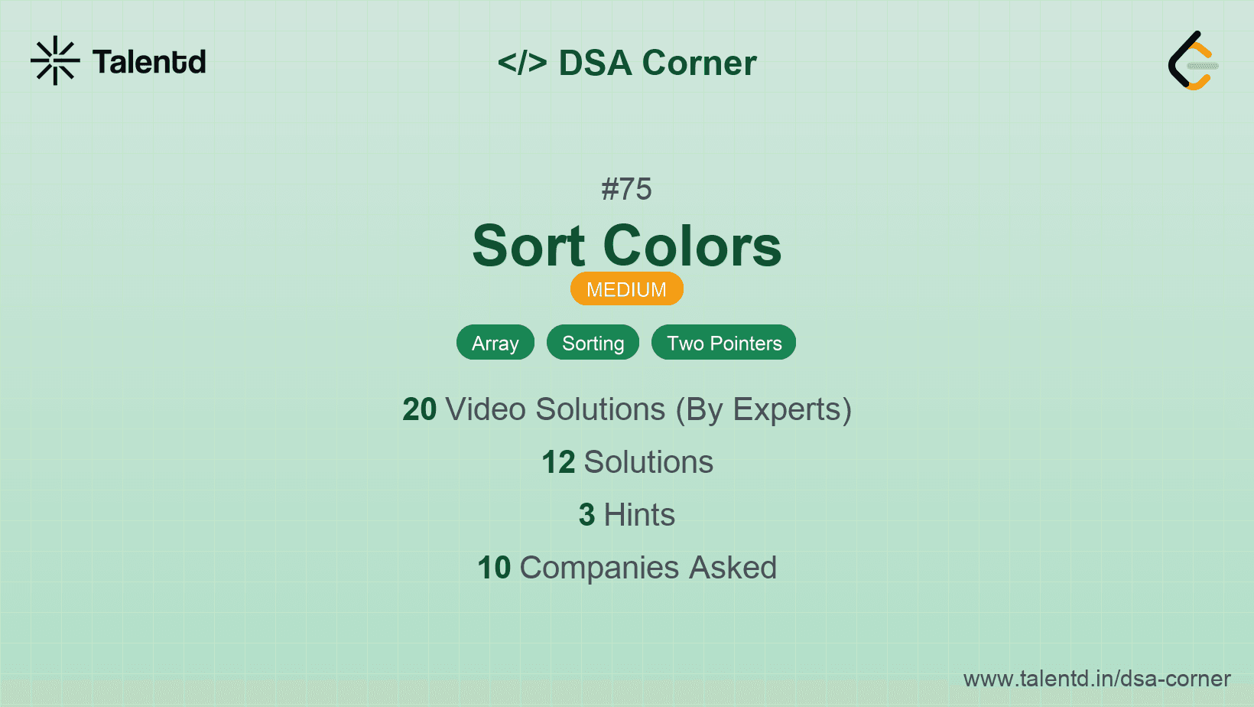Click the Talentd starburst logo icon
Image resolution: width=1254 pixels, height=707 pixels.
pos(55,60)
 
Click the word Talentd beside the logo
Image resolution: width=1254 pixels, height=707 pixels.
pos(149,62)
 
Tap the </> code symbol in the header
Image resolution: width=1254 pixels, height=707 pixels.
pos(521,63)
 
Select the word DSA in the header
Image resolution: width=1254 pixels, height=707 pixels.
pos(595,63)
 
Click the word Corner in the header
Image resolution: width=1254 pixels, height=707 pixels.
pos(699,63)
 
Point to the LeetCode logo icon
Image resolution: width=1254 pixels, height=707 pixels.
pos(1192,61)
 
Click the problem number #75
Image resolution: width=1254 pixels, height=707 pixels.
pos(626,189)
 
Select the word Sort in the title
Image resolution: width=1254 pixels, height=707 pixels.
pos(528,246)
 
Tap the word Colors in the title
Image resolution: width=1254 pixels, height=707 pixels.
pos(692,246)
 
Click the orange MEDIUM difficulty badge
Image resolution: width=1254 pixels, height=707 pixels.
pos(626,289)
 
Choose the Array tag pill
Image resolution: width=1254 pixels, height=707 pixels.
pos(495,343)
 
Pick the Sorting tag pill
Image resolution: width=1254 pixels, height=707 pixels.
pos(593,343)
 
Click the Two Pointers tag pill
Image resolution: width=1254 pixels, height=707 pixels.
pos(723,343)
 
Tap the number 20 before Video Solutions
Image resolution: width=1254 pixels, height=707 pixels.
pos(419,409)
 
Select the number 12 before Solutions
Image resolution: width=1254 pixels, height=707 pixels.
pos(558,462)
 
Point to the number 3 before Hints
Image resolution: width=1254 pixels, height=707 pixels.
pos(586,515)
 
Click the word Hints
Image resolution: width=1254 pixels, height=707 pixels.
pos(639,515)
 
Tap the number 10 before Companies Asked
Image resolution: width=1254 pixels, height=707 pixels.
pos(494,568)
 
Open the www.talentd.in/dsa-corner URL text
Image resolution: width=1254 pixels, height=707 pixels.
pos(1096,679)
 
